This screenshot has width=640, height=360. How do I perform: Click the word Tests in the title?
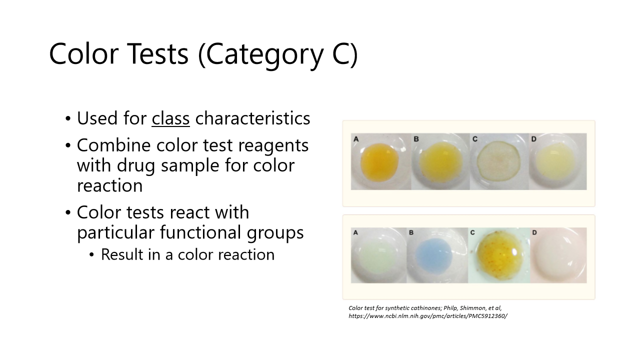[155, 53]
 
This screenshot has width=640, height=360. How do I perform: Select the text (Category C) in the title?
[278, 53]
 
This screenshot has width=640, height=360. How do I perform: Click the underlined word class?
[171, 118]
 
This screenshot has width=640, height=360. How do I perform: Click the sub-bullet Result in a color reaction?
[187, 254]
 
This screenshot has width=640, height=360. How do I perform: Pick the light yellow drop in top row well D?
[556, 161]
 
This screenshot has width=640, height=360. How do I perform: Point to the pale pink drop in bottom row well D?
[558, 256]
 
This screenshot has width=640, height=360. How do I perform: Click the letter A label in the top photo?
[356, 139]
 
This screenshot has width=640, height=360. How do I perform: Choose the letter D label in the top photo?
[533, 138]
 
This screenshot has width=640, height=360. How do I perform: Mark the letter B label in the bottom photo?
[411, 232]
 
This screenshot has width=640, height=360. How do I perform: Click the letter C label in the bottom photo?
[472, 232]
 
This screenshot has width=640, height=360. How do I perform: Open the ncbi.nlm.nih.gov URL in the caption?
[427, 316]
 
